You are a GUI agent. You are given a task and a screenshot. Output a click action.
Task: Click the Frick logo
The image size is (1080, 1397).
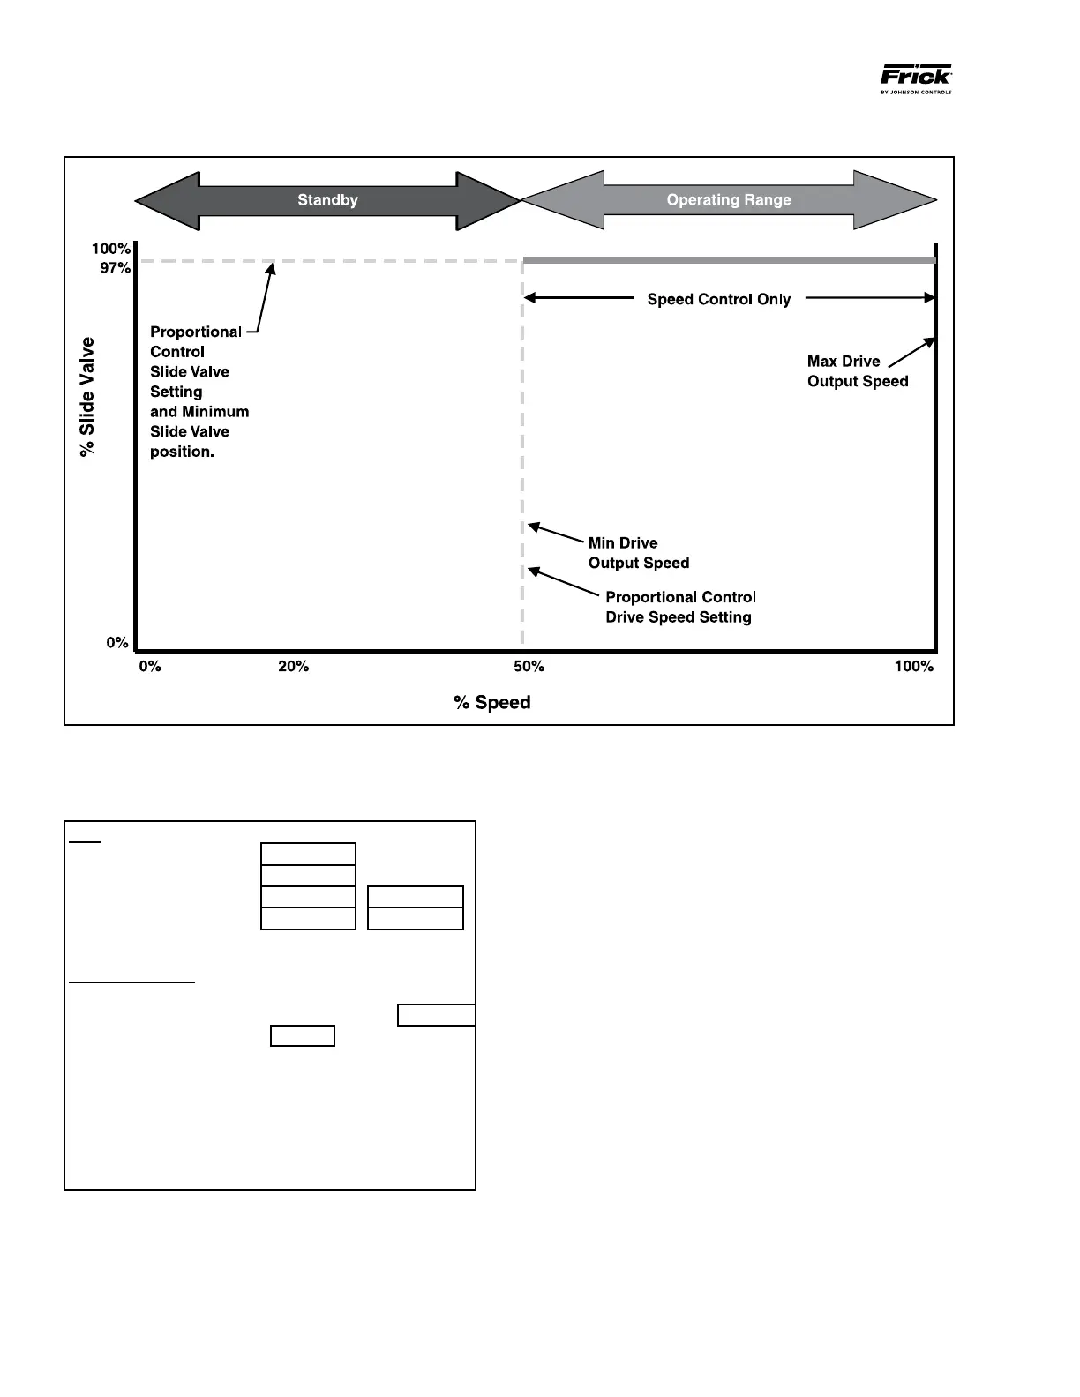(x=916, y=78)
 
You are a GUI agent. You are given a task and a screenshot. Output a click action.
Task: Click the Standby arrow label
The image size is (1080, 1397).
(x=327, y=200)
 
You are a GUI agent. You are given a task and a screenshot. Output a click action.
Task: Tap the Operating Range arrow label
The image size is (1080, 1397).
(x=729, y=200)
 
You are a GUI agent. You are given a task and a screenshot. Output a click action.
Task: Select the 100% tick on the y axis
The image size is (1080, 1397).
(x=111, y=249)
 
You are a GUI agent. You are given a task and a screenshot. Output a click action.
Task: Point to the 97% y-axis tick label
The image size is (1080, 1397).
(x=115, y=268)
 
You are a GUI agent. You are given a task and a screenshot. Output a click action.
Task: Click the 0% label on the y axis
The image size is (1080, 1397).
(x=117, y=643)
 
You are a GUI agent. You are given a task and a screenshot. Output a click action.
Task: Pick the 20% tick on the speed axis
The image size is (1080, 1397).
(x=294, y=667)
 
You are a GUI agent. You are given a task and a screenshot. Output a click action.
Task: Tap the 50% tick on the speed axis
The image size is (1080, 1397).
(x=529, y=667)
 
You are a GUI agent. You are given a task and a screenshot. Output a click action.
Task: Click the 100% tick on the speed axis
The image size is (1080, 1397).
(x=914, y=667)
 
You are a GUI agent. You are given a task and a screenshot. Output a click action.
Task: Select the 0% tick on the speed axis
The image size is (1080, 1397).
(x=150, y=667)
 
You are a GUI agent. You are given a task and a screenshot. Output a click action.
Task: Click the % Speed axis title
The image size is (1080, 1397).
(x=492, y=703)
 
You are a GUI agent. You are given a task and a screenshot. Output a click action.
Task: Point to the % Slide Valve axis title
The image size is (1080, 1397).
(x=87, y=397)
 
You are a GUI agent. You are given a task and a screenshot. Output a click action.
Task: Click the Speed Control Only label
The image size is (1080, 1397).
(x=719, y=300)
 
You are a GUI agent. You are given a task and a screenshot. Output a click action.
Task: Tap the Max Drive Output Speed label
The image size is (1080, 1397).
(x=858, y=371)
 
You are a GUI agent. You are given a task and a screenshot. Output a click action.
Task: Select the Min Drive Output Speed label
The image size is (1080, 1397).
(x=639, y=553)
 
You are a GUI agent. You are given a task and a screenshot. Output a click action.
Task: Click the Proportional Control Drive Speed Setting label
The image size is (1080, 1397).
(x=679, y=608)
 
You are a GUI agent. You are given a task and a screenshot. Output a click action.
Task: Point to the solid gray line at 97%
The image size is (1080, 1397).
(x=729, y=260)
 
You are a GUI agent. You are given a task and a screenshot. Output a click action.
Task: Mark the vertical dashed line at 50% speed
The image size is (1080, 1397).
(x=523, y=441)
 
